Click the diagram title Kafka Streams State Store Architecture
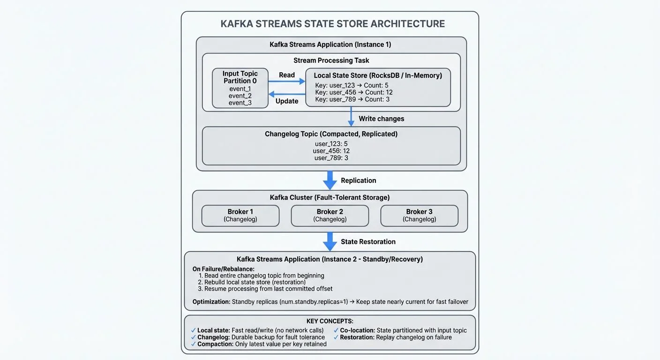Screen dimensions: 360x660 pos(332,24)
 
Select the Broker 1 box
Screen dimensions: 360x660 pos(240,215)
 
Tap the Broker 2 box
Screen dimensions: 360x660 pos(330,215)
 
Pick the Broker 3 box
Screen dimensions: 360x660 pos(419,215)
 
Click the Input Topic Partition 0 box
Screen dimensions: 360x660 pos(240,88)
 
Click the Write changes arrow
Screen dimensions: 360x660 pos(351,116)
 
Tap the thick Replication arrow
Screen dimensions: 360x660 pos(330,180)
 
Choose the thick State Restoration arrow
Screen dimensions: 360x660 pos(330,242)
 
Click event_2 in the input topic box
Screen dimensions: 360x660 pos(240,96)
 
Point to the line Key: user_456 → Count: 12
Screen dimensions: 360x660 pos(354,92)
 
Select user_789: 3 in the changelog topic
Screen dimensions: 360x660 pos(331,158)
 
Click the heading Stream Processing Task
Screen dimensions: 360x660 pos(331,60)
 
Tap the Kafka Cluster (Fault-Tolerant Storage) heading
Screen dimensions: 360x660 pos(330,197)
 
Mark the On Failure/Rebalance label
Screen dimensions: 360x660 pos(223,269)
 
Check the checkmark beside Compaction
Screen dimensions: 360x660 pos(194,344)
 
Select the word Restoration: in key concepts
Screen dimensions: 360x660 pos(357,337)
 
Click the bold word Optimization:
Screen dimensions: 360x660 pos(211,302)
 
